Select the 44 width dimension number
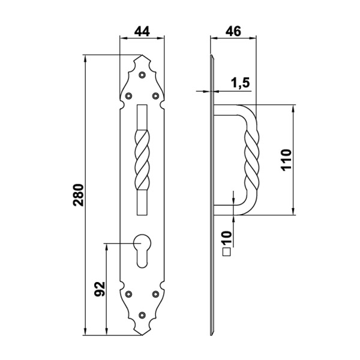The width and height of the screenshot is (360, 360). coord(142,31)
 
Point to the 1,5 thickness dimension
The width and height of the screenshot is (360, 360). coord(240,83)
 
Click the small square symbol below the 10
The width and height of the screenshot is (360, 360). coord(227,253)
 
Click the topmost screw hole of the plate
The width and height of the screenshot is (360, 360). coord(142,75)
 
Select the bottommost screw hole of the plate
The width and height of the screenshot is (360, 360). coord(142,314)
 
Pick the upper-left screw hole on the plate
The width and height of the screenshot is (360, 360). coord(129,95)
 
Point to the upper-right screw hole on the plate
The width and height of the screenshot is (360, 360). coord(155,95)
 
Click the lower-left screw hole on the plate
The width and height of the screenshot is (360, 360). coord(129,294)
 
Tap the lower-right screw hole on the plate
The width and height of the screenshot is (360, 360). coord(155,294)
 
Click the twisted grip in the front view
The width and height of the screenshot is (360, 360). coord(142,159)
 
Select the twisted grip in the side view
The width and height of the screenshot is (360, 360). coord(251,159)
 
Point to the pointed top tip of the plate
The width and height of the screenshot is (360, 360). coord(142,57)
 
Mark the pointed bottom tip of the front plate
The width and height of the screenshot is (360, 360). coord(142,334)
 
